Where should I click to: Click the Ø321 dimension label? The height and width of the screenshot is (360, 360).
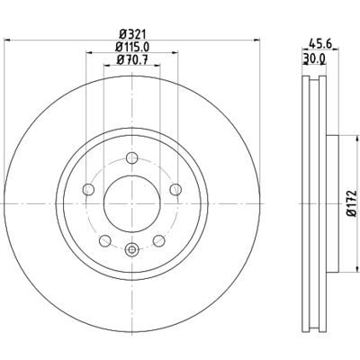pyautogui.click(x=132, y=33)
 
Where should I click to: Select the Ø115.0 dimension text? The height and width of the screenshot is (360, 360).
pyautogui.click(x=132, y=47)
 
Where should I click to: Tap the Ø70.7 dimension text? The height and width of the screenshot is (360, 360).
pyautogui.click(x=132, y=60)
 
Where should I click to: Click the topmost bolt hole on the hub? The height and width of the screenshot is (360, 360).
pyautogui.click(x=131, y=157)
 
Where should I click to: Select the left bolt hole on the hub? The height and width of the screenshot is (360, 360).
pyautogui.click(x=88, y=189)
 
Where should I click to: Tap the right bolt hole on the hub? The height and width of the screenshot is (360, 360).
pyautogui.click(x=175, y=189)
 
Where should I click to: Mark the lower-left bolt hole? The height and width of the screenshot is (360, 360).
pyautogui.click(x=105, y=240)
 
